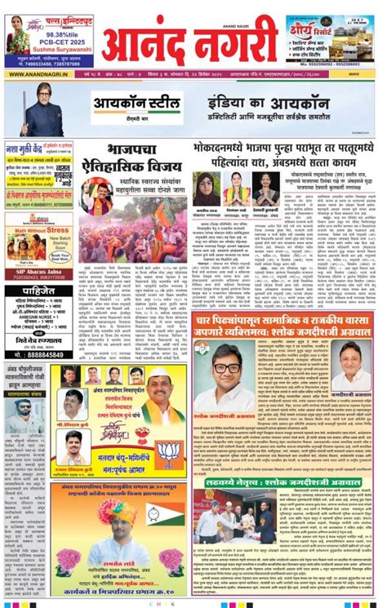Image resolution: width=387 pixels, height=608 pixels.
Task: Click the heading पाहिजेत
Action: click(38, 291)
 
